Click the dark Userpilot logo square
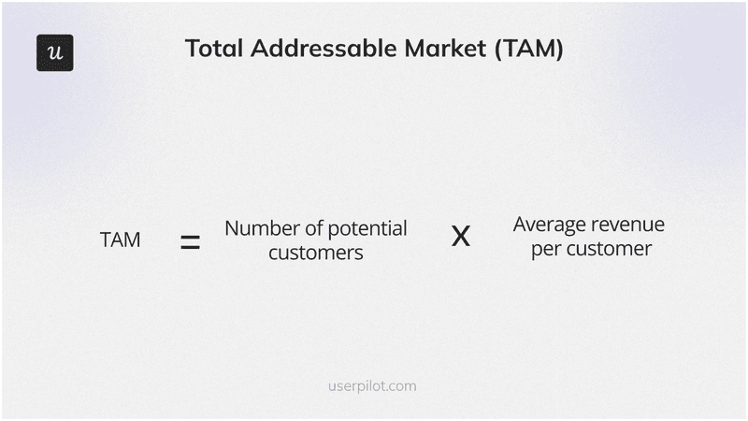coord(54,52)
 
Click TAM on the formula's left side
coord(120,240)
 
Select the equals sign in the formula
coord(191,243)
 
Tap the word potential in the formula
coord(371,229)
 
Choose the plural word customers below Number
coord(316,253)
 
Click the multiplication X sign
coord(461,237)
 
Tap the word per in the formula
coord(545,251)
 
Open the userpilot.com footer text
coord(374,385)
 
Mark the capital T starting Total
coord(192,50)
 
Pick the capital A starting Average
coord(520,225)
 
